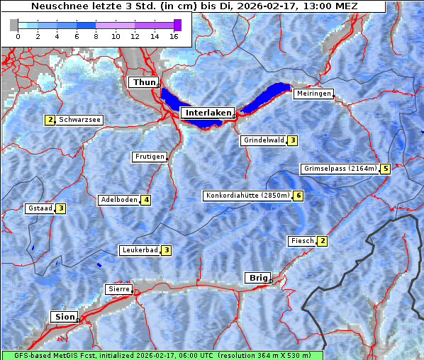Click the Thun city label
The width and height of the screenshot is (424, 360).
click(x=143, y=83)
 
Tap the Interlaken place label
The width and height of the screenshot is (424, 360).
click(x=207, y=113)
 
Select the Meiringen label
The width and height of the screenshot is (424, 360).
click(x=313, y=94)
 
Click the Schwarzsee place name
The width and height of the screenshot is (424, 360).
click(x=79, y=120)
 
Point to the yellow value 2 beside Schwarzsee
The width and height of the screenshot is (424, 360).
click(x=50, y=120)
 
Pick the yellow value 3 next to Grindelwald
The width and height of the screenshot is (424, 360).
click(x=292, y=140)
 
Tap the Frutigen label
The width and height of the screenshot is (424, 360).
click(x=149, y=157)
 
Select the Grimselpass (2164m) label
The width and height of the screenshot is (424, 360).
click(x=339, y=169)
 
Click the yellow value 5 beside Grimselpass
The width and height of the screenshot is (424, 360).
click(x=385, y=169)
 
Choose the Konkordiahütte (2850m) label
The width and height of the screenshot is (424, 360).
click(x=247, y=196)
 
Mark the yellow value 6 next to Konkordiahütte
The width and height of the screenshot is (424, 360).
click(x=299, y=196)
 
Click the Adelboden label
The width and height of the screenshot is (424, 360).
click(x=118, y=200)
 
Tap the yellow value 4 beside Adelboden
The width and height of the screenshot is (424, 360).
click(x=146, y=200)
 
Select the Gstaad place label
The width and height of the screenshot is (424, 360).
click(x=40, y=208)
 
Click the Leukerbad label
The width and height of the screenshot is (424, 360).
click(x=139, y=250)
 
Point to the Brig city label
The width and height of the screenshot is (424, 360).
click(x=256, y=278)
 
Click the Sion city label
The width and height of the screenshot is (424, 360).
click(x=62, y=317)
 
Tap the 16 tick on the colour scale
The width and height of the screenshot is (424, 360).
click(x=173, y=35)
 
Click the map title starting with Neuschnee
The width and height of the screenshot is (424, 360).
click(x=194, y=6)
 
